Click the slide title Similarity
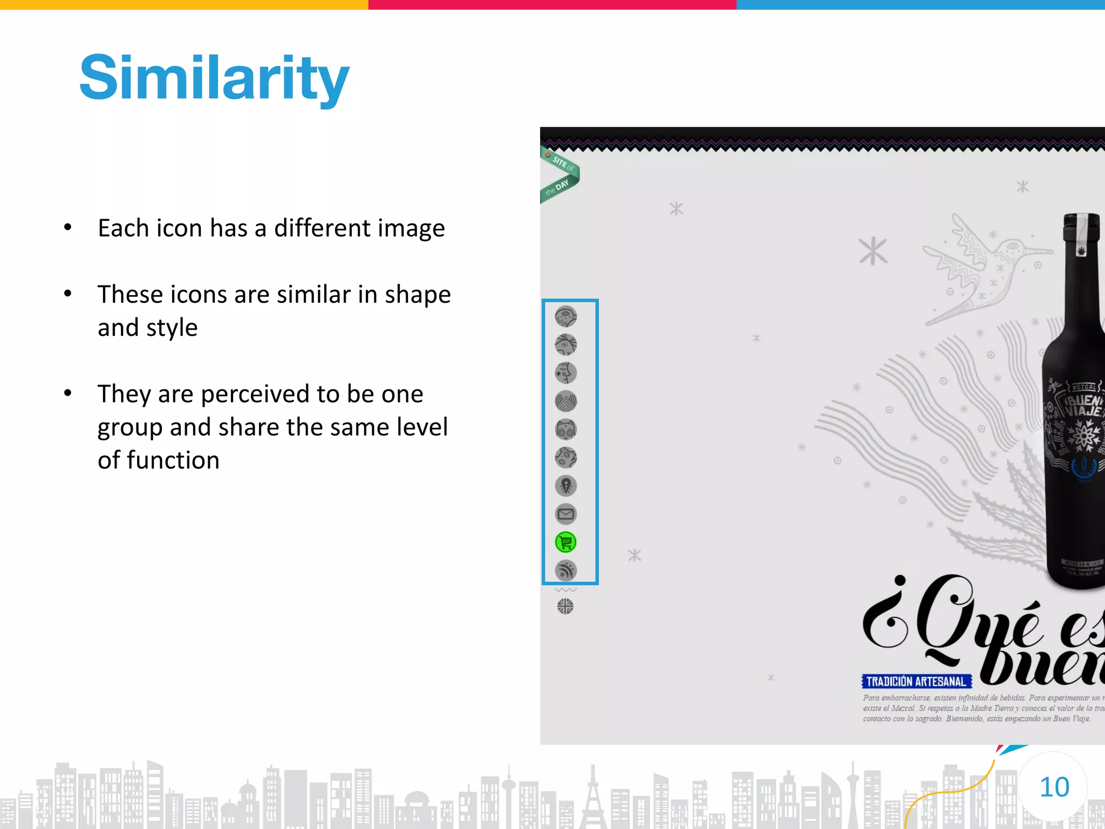pos(215,79)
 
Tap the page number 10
pos(1054,787)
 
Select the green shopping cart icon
pos(565,542)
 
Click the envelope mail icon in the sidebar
pos(565,514)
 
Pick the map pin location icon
pos(565,486)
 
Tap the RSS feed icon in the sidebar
pos(565,570)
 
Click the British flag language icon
pos(565,607)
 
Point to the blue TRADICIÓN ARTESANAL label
pos(916,682)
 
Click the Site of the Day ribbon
pos(560,175)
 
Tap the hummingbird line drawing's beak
pos(1039,251)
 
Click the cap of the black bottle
pos(1081,227)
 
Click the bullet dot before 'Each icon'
pos(67,227)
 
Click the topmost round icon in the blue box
pos(565,316)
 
